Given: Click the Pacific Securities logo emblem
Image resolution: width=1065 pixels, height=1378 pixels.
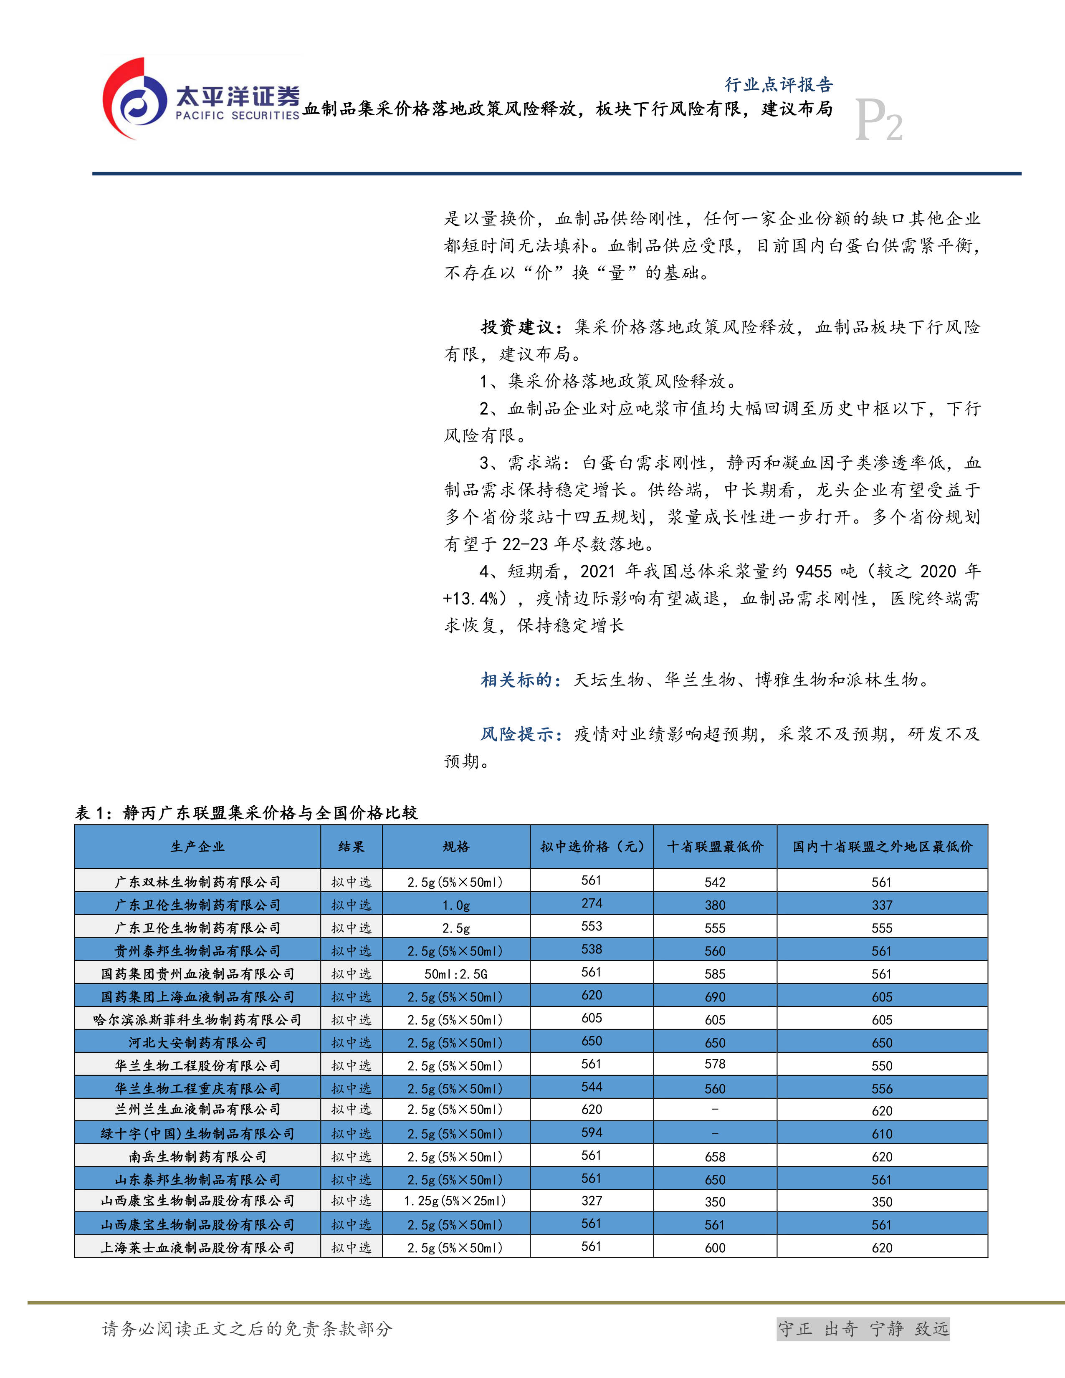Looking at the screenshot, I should coord(136,99).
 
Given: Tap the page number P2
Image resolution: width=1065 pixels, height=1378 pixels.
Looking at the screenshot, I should coord(878,121).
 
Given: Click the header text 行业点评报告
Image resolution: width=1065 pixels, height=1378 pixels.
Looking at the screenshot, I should coord(779,85).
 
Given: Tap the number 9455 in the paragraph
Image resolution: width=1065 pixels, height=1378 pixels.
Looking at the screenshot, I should coord(813,571).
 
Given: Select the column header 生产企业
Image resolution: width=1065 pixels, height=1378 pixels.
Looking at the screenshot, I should coord(197,847).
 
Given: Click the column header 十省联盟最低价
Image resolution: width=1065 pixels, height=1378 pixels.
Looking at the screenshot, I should coord(715,847).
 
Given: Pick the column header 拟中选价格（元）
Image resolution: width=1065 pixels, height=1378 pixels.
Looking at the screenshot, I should coord(592,847).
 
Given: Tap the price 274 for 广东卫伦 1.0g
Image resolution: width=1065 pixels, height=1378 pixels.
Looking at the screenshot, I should coord(592,903).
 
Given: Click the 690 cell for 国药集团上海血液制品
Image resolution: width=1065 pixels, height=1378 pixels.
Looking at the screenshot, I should coord(715,997).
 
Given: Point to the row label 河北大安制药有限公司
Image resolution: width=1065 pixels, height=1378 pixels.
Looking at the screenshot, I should coord(197,1043).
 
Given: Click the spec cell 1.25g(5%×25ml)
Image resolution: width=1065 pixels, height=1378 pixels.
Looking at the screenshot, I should coord(455,1201).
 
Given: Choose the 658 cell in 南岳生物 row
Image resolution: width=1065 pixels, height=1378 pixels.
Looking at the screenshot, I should coord(715,1156).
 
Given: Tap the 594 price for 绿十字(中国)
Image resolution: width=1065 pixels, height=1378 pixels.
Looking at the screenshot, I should coord(592,1133).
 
